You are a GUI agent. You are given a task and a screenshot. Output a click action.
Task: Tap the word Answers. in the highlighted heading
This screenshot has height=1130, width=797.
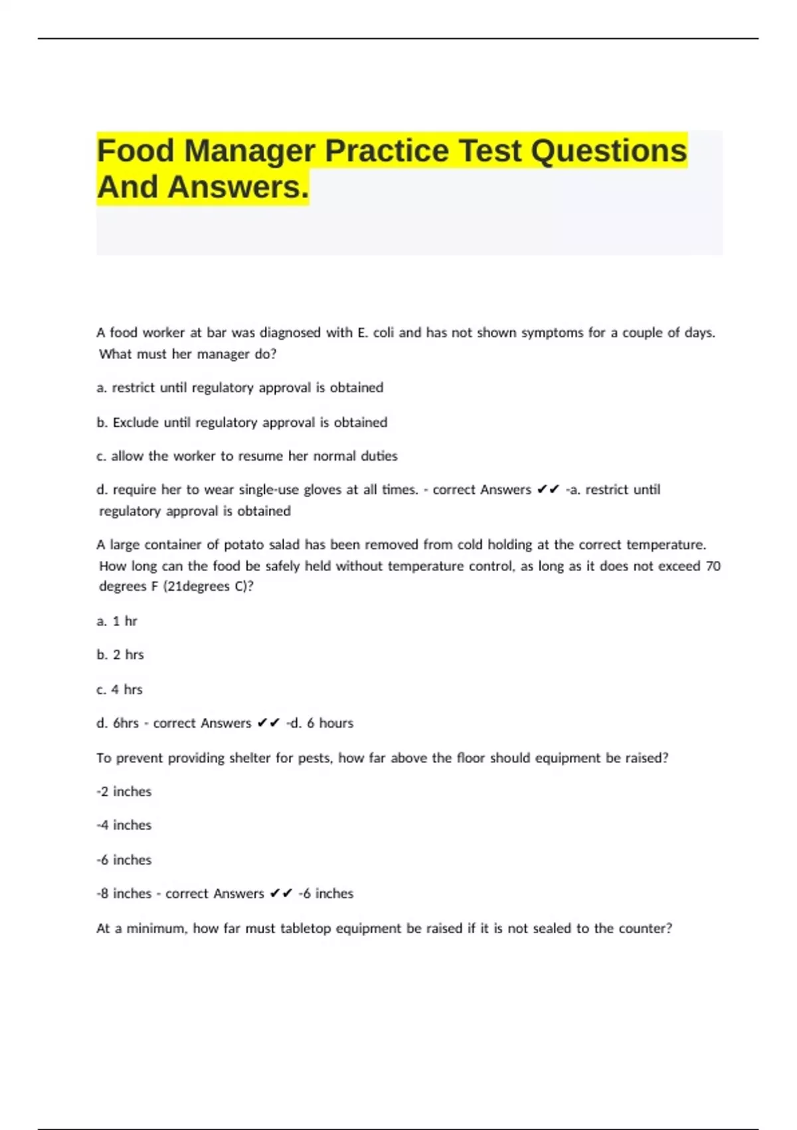pyautogui.click(x=238, y=187)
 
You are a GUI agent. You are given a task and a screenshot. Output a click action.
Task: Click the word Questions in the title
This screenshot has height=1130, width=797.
pyautogui.click(x=608, y=151)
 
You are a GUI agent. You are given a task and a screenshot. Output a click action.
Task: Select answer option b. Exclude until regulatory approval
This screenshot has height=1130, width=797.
pyautogui.click(x=242, y=422)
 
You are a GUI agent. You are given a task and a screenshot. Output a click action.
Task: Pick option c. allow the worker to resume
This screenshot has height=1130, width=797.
pyautogui.click(x=247, y=456)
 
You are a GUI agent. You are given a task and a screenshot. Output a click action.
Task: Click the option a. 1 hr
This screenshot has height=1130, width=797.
pyautogui.click(x=117, y=621)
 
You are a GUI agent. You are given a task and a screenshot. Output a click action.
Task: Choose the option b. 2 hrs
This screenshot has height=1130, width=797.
pyautogui.click(x=120, y=655)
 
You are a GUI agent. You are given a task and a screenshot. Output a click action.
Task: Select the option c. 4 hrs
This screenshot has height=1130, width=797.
pyautogui.click(x=120, y=689)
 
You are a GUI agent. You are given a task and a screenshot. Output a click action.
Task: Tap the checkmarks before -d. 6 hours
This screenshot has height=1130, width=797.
pyautogui.click(x=269, y=723)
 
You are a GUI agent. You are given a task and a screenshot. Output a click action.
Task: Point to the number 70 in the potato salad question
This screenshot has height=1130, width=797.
pyautogui.click(x=713, y=566)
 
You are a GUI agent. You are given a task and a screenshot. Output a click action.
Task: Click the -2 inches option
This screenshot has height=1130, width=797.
pyautogui.click(x=124, y=792)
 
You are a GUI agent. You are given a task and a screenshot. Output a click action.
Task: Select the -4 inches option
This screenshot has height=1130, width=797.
pyautogui.click(x=124, y=825)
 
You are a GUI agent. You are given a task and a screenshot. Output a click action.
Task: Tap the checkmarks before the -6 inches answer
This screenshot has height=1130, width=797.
pyautogui.click(x=282, y=894)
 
